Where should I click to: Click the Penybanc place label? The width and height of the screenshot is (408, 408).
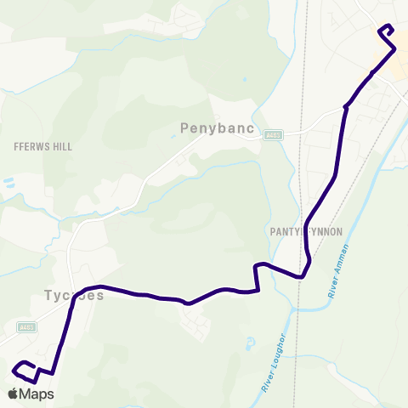(212, 128)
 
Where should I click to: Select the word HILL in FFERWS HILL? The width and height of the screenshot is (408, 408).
(62, 147)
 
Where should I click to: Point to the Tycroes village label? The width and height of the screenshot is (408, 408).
(73, 297)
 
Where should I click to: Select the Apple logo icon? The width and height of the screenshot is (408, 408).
(14, 393)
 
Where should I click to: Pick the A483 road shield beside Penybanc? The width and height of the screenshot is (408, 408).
(272, 134)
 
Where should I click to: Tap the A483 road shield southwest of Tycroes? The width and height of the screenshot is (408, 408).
(27, 326)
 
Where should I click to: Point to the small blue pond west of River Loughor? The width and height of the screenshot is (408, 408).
(249, 344)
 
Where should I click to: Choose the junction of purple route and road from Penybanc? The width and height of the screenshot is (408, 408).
(346, 107)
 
